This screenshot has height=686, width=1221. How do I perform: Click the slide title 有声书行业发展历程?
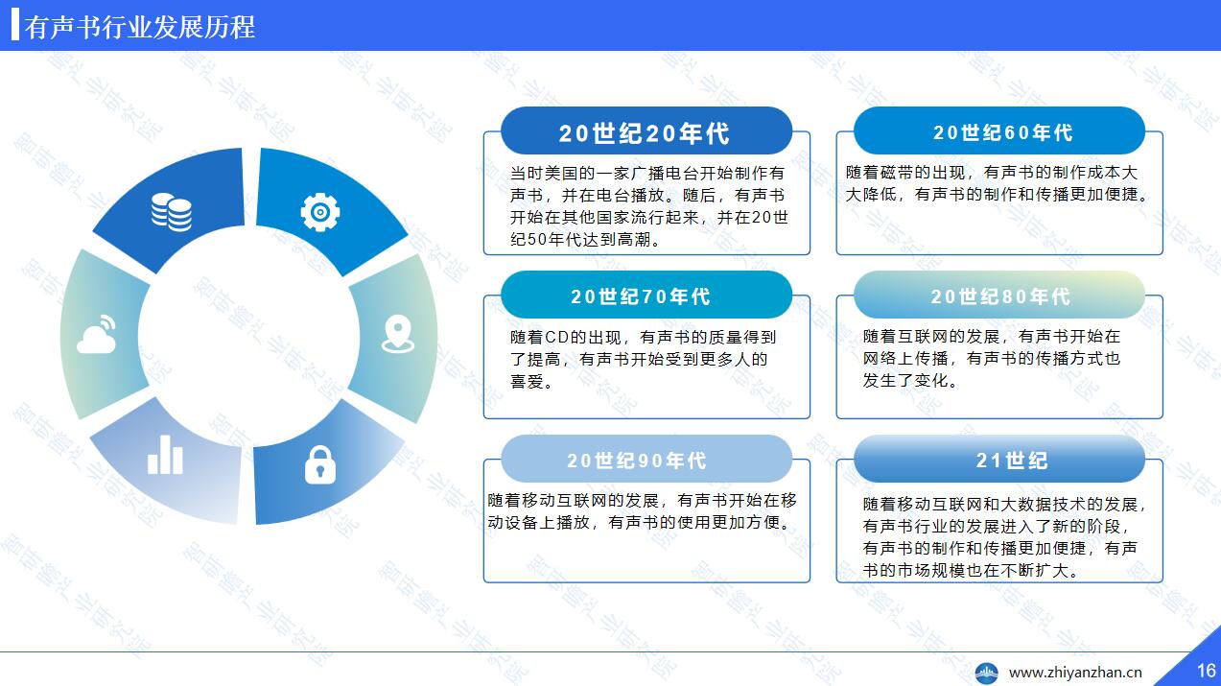click(139, 27)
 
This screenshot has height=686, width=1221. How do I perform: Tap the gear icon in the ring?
click(320, 212)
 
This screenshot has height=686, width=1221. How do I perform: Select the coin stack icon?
click(171, 212)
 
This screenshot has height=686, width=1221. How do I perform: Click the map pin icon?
click(398, 334)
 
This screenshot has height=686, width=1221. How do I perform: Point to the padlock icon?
click(320, 464)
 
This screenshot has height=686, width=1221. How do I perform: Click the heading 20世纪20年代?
click(645, 133)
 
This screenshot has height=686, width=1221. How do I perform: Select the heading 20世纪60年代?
click(1003, 132)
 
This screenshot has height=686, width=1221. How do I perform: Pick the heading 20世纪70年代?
click(641, 296)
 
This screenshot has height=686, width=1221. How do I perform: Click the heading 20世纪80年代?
click(1000, 296)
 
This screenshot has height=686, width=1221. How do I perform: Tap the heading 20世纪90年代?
click(637, 461)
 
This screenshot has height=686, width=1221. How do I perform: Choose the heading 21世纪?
click(1012, 461)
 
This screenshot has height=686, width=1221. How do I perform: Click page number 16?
click(1207, 671)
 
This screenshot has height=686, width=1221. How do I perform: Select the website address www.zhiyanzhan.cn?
click(1075, 673)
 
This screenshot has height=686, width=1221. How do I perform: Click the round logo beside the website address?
click(987, 673)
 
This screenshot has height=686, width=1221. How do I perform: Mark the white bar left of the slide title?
click(15, 25)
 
